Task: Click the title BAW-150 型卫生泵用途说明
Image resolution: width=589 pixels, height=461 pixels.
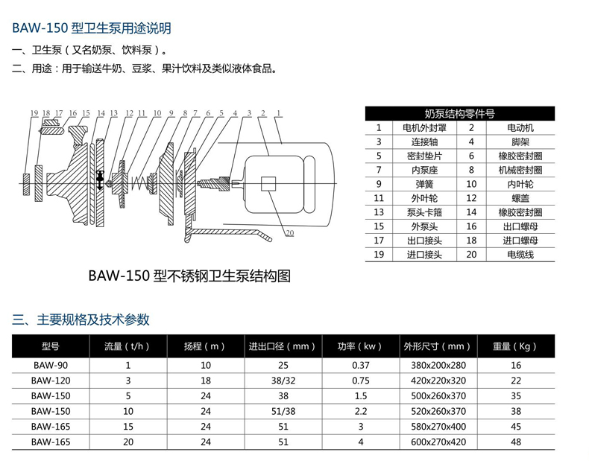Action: tap(92, 28)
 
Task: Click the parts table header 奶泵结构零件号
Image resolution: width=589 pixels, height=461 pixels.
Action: tap(459, 113)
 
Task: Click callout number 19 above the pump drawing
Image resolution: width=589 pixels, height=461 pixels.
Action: tap(34, 113)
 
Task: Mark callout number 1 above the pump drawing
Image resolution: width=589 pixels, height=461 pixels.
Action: tap(278, 113)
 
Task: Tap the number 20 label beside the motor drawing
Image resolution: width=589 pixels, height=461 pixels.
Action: tap(289, 233)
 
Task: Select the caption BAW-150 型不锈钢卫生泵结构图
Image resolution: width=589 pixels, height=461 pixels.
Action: tap(189, 276)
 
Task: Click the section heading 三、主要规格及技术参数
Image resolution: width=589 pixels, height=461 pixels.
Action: tap(81, 319)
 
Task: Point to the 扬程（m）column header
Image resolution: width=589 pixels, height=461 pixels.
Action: tap(205, 346)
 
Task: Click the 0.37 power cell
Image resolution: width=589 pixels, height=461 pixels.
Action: tap(360, 365)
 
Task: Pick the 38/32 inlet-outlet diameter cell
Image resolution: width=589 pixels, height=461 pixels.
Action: tap(283, 379)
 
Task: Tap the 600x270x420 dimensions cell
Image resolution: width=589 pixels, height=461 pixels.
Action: tap(438, 441)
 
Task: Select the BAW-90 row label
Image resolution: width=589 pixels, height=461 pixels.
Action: tap(51, 365)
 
